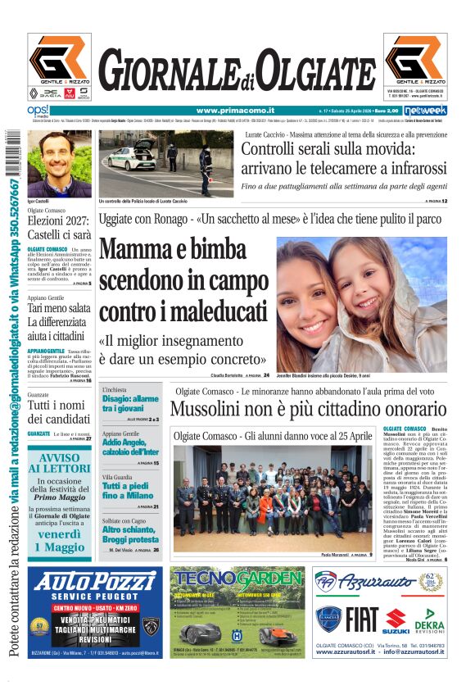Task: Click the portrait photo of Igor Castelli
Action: [x=59, y=163]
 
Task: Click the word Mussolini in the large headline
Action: [x=223, y=407]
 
